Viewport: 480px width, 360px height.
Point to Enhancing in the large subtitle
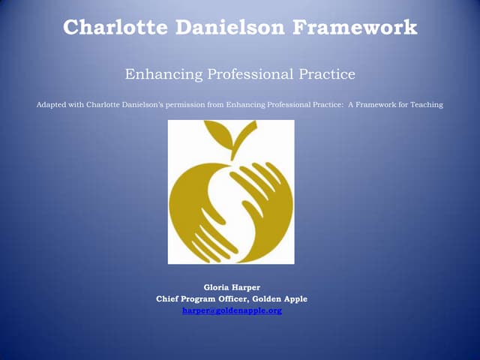(155, 75)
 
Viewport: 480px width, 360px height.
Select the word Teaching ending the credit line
(425, 104)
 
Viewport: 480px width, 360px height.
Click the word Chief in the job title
(167, 298)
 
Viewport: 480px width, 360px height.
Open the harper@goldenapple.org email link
(232, 310)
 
